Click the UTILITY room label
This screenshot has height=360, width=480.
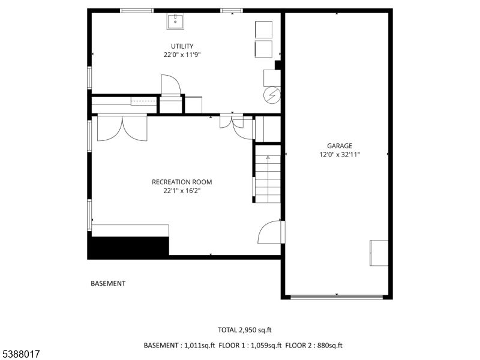(182, 46)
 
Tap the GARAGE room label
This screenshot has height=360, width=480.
(340, 146)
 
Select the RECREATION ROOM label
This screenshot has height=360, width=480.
(182, 182)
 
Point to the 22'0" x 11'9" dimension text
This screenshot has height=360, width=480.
(182, 55)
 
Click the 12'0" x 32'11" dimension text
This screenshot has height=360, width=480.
(340, 155)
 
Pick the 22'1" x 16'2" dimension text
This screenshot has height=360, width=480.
(182, 191)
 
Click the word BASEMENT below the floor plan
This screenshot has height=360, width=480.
(108, 283)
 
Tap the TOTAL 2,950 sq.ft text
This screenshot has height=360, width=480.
(245, 330)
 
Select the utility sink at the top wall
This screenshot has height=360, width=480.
(175, 22)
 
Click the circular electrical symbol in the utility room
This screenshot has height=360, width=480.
(272, 95)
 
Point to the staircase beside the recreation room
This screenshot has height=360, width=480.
(268, 173)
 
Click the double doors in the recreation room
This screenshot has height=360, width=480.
(122, 128)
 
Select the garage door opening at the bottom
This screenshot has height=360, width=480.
(337, 296)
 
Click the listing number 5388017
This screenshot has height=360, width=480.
(20, 354)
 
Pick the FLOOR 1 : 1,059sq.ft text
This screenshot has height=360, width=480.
(250, 346)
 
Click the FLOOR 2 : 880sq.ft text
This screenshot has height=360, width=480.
(314, 346)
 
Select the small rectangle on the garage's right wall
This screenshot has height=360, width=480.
(379, 253)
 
